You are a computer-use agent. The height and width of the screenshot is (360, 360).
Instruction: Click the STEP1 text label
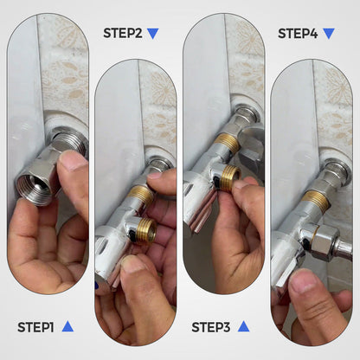[x=35, y=327]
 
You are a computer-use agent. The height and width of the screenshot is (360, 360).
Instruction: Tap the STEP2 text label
[x=123, y=34]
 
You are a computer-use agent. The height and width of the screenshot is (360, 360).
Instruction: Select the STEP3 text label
[x=210, y=327]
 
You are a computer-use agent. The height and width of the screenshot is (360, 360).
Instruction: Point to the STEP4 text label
[x=297, y=34]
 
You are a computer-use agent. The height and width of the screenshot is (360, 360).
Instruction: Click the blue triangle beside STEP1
[x=67, y=326]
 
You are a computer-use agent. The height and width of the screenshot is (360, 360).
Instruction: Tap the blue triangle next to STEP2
[x=153, y=34]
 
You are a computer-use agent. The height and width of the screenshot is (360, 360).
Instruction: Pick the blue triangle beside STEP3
[x=243, y=326]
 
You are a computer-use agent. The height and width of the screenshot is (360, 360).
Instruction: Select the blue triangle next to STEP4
[x=328, y=34]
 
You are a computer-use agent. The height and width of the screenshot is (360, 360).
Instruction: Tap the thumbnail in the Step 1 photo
[x=73, y=160]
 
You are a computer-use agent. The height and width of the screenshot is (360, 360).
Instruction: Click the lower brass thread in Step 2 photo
[x=145, y=230]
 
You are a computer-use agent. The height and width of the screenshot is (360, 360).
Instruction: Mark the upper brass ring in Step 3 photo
[x=228, y=142]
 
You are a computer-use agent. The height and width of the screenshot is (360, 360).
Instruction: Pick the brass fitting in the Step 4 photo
[x=317, y=201]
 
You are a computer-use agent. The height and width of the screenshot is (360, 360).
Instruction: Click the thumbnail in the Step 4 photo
[x=303, y=280]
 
